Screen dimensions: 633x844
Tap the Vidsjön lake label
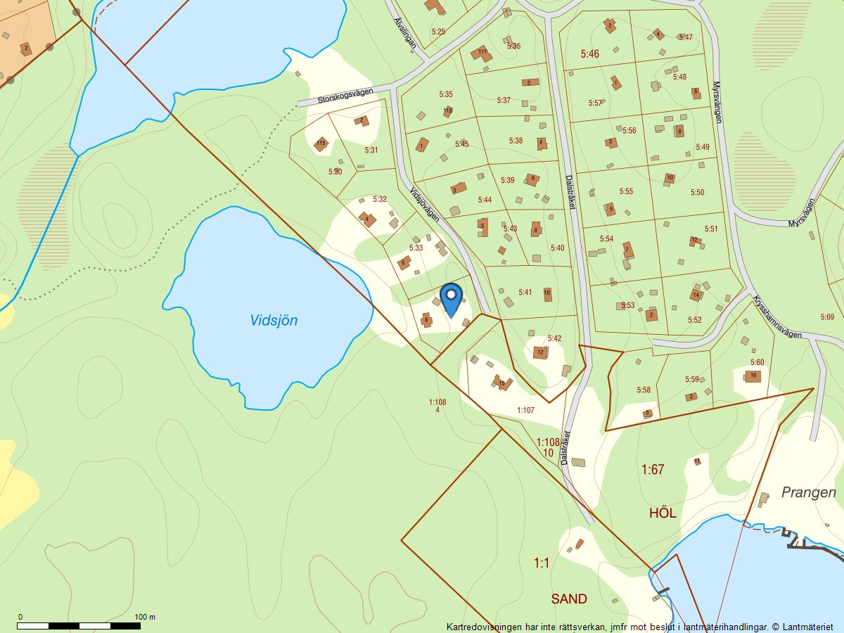click(x=274, y=321)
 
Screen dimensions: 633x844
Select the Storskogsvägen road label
click(x=345, y=96)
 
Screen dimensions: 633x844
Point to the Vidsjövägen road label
click(x=424, y=205)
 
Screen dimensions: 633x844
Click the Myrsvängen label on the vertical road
click(x=717, y=102)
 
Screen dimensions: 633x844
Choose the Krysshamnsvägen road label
click(x=777, y=316)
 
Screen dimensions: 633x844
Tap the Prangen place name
click(x=808, y=492)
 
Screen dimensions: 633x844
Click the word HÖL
click(x=663, y=513)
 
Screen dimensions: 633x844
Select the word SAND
click(x=568, y=599)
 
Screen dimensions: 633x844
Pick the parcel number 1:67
click(x=652, y=469)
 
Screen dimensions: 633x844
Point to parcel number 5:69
click(x=827, y=317)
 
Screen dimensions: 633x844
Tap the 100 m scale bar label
click(x=145, y=617)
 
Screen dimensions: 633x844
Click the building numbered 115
click(x=321, y=143)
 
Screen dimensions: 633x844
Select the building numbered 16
click(x=753, y=376)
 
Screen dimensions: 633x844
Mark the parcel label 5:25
click(x=438, y=32)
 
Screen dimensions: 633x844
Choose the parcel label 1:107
click(x=525, y=410)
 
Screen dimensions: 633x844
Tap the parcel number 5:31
click(x=371, y=150)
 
